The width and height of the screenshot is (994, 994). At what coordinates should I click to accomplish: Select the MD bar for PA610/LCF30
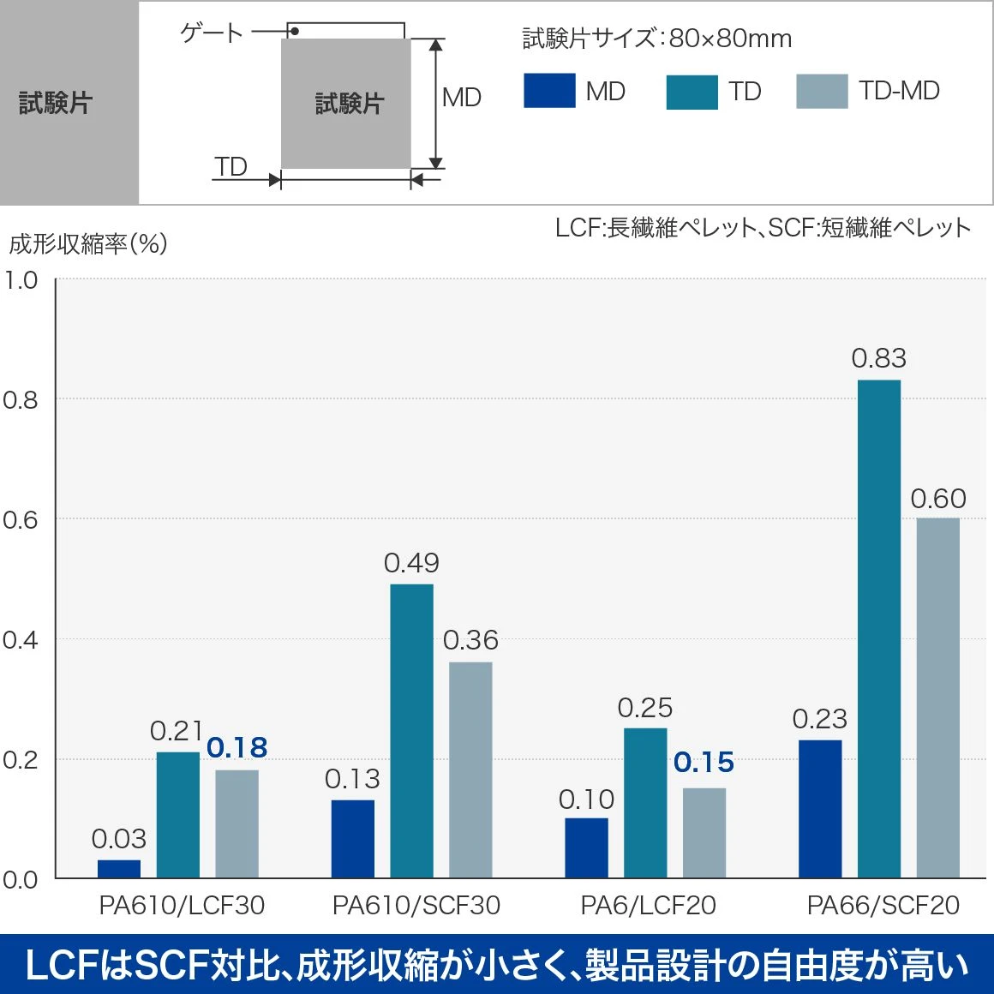tap(119, 868)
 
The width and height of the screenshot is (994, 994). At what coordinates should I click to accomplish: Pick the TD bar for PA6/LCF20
tap(645, 803)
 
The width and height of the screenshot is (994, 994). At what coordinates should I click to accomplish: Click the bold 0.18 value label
tap(237, 748)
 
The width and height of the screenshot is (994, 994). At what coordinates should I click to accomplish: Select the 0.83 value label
tap(878, 358)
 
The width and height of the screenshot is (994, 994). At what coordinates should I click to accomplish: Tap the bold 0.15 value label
tap(704, 763)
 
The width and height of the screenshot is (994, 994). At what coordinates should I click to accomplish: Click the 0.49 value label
tap(411, 563)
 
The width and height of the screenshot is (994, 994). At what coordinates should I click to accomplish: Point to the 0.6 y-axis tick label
tap(20, 520)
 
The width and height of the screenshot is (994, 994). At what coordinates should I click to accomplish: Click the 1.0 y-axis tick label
tap(20, 280)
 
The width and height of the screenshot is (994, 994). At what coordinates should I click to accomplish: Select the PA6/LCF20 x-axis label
tap(648, 906)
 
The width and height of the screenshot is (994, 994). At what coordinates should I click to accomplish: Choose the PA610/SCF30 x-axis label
tap(416, 906)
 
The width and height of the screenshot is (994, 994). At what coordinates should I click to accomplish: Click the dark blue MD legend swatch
tap(549, 91)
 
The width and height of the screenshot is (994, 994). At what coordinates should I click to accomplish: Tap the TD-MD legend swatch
tap(822, 91)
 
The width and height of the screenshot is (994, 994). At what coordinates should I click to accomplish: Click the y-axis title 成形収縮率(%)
tap(87, 244)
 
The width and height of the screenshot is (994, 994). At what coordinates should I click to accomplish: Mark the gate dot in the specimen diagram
tap(294, 32)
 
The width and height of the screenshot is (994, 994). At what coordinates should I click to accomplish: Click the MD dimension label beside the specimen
tap(461, 98)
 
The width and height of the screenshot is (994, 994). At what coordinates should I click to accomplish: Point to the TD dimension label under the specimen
tap(231, 166)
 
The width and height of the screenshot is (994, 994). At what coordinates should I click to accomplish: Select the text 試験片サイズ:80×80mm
tap(656, 39)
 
